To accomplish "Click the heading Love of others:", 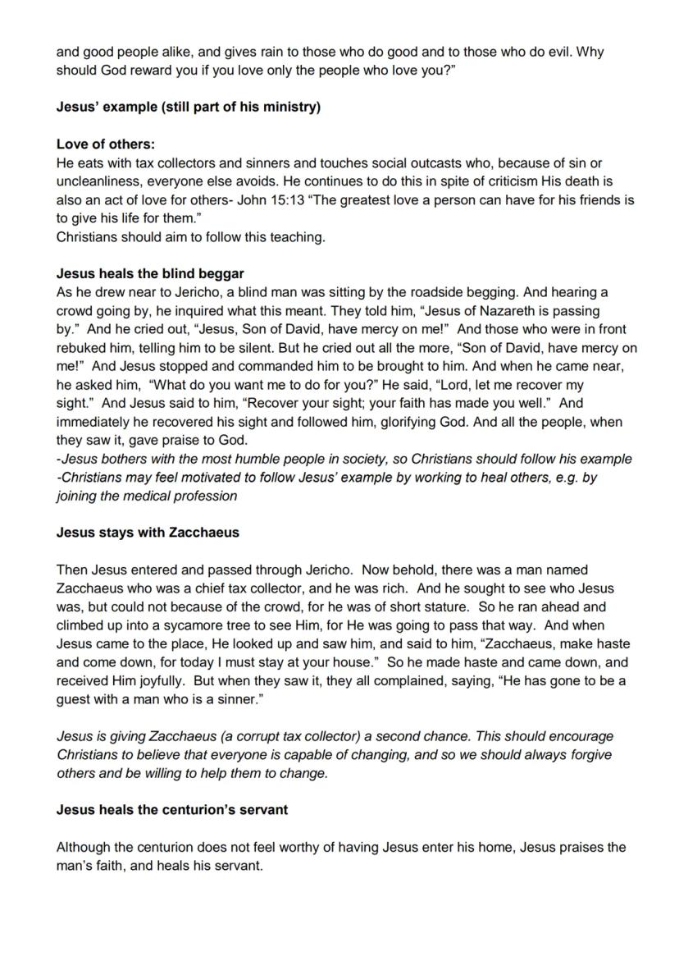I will tap(106, 144).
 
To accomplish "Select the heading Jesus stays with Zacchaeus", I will tap(148, 532).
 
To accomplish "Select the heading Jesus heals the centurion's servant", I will tap(172, 810).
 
